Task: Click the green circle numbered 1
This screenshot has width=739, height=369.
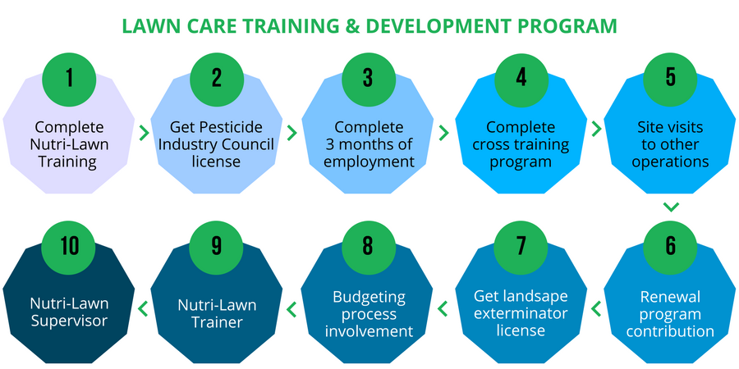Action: tap(69, 78)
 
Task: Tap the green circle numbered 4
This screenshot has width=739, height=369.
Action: tap(521, 78)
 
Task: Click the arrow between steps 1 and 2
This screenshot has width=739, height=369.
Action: tap(145, 133)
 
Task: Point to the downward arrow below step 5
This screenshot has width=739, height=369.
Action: tap(670, 207)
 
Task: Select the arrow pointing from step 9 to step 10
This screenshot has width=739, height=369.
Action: tap(143, 309)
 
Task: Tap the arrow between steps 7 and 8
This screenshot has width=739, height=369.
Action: tap(443, 309)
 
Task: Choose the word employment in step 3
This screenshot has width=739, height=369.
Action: tap(369, 162)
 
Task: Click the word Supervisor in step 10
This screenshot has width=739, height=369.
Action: tap(69, 322)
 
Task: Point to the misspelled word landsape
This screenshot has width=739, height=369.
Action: tap(538, 297)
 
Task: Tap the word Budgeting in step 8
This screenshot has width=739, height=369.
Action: tap(369, 297)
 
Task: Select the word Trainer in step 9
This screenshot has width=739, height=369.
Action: tap(217, 322)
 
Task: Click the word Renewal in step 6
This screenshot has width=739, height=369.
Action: tap(670, 297)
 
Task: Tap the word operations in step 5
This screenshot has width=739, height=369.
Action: tap(670, 162)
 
